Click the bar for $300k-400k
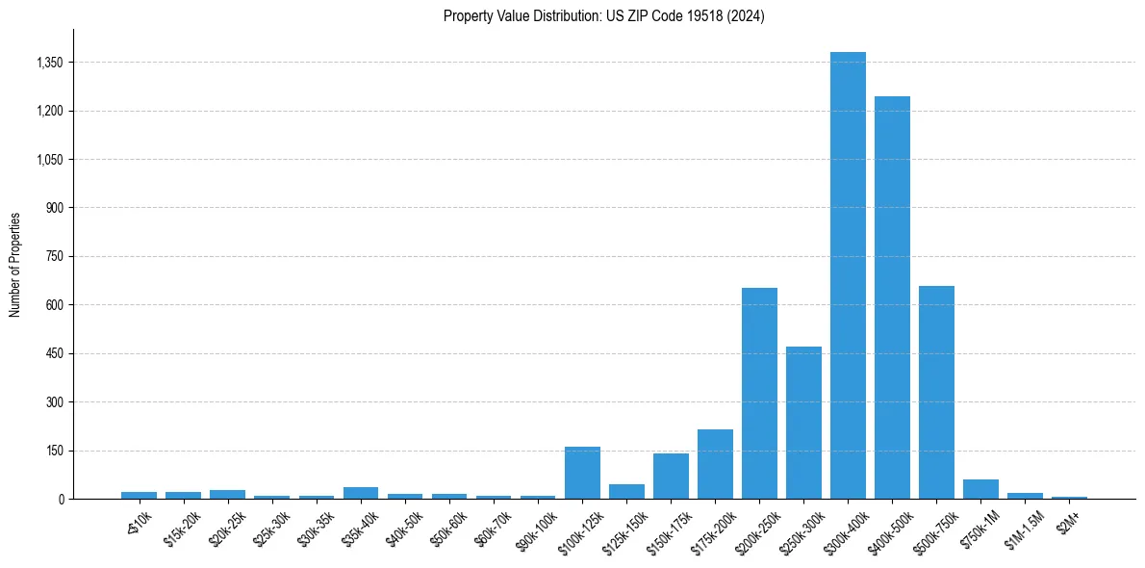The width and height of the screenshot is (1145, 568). [848, 275]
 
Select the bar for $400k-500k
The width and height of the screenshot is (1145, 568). [892, 297]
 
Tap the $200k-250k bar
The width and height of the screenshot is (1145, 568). [759, 393]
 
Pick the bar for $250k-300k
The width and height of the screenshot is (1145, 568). [803, 423]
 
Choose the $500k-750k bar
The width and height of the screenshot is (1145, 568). [936, 392]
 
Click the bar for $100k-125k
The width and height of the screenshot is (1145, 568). [582, 473]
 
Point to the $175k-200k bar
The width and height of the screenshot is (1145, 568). [715, 464]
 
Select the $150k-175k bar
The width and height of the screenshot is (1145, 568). [671, 476]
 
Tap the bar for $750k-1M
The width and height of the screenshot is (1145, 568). [980, 489]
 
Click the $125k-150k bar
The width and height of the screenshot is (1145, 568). [626, 491]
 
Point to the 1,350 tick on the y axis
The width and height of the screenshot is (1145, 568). [49, 63]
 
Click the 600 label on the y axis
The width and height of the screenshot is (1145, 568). [54, 305]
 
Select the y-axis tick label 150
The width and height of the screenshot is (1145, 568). [54, 451]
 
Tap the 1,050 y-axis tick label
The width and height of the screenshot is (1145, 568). [49, 160]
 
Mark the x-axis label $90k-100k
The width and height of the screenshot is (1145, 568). [534, 529]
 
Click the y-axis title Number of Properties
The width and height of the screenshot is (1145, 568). [15, 265]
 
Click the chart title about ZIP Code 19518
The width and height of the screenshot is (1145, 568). [603, 16]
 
